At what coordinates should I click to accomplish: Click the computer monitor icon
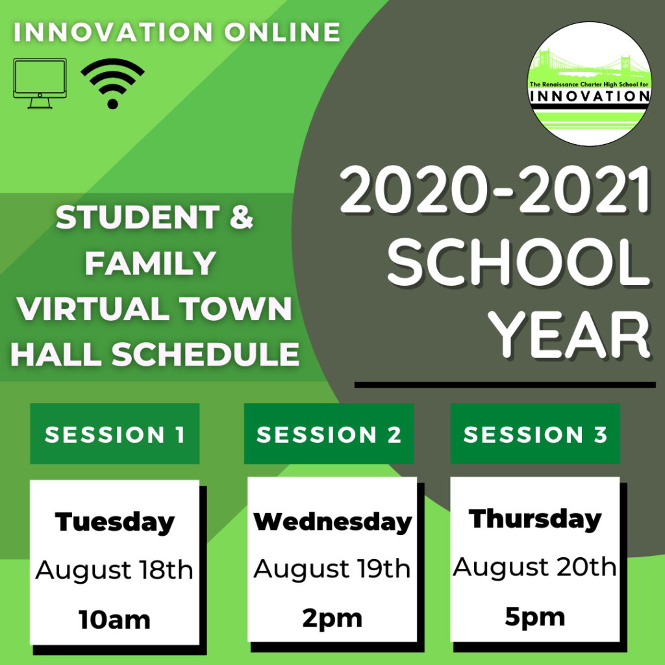(40, 83)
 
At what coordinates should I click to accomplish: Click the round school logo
(590, 84)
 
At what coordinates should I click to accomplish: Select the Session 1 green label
(114, 433)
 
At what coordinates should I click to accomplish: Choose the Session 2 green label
(329, 433)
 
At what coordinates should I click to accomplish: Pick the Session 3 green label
(535, 433)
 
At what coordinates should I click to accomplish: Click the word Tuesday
(114, 522)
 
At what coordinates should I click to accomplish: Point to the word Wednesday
(332, 521)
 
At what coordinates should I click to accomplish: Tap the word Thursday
(535, 518)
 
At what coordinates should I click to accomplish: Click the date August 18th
(114, 570)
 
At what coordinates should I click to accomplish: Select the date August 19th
(332, 569)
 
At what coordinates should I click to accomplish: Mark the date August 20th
(535, 567)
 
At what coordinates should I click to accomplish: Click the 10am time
(114, 620)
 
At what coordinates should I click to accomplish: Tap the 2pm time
(332, 619)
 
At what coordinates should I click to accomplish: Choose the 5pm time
(535, 618)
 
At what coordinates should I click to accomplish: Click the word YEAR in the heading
(569, 334)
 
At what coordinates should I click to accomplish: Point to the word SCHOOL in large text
(519, 262)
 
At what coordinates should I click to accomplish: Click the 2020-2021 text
(495, 190)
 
